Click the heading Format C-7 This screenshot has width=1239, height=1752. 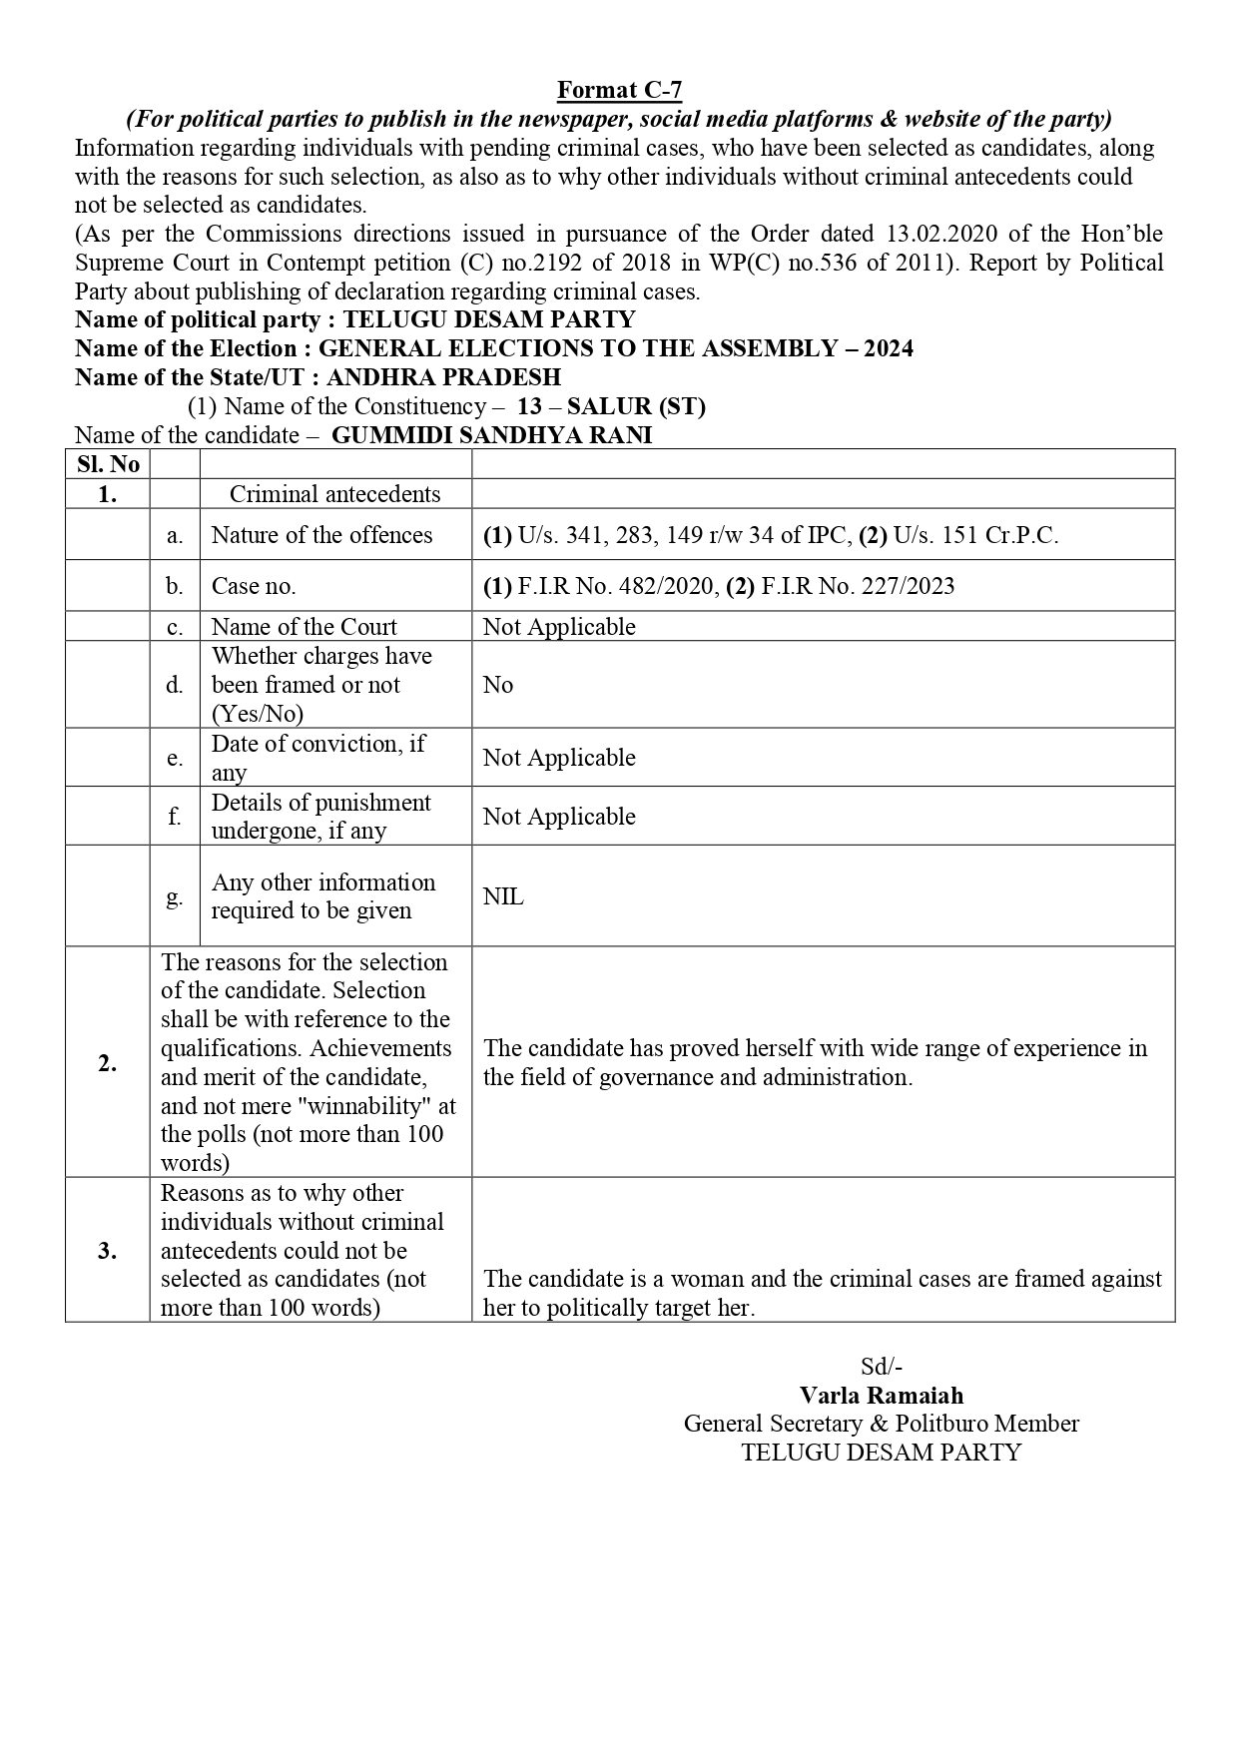tap(619, 91)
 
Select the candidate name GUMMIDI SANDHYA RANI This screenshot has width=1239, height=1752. tap(491, 435)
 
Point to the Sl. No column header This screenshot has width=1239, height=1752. tap(108, 464)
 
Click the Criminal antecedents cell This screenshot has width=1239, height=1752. tap(334, 494)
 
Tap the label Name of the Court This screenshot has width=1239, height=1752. tap(304, 627)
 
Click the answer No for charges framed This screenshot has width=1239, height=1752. tap(498, 685)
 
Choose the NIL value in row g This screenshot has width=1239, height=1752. tap(503, 896)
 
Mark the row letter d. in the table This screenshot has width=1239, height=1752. tap(175, 685)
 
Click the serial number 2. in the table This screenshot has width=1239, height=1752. tap(108, 1063)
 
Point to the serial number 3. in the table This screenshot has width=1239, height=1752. tap(108, 1251)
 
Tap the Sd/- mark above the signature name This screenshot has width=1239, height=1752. tap(882, 1367)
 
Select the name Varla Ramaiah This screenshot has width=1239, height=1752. tap(882, 1396)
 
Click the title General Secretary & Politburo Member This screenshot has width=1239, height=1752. tap(882, 1424)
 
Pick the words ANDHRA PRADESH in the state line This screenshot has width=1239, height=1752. tap(443, 377)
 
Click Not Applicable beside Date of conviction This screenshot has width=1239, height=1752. tap(559, 758)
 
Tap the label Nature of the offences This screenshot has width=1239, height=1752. tap(321, 535)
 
